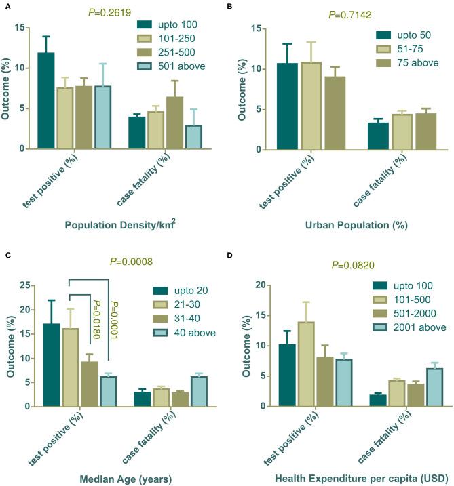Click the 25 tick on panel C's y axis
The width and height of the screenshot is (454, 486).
tap(28, 285)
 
